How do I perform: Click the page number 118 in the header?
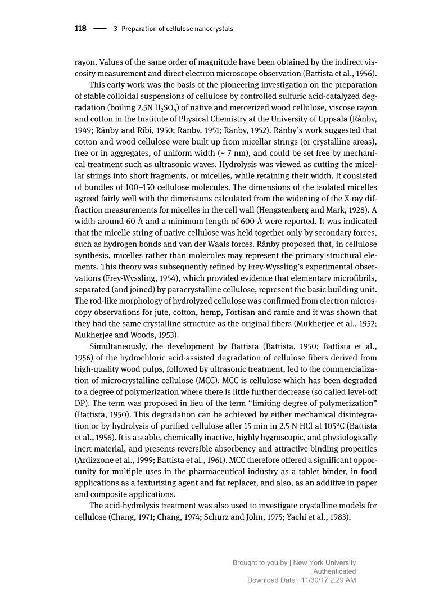(x=80, y=29)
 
